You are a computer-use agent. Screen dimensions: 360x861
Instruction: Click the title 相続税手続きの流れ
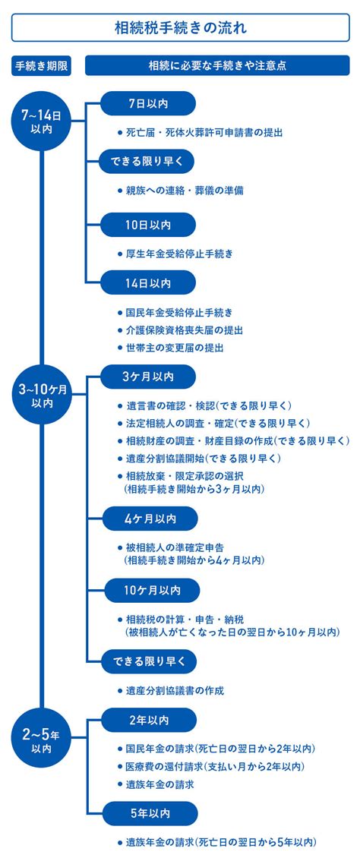point(180,27)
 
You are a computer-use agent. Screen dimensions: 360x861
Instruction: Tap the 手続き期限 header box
point(42,65)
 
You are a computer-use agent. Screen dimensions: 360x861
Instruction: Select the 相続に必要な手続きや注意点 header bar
point(217,65)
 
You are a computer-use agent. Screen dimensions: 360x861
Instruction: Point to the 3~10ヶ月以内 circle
point(42,395)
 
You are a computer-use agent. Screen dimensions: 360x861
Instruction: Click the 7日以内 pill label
point(147,104)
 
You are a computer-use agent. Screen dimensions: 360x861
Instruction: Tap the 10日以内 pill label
point(147,225)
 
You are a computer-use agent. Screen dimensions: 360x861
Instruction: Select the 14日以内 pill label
point(147,283)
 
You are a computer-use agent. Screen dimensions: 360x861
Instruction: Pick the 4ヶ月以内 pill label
point(150,519)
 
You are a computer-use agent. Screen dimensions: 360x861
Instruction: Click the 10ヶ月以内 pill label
point(151,590)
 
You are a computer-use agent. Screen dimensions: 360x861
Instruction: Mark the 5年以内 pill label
point(150,814)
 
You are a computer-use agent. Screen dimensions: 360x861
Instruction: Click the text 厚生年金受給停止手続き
point(179,254)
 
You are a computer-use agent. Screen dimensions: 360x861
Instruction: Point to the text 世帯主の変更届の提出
point(175,348)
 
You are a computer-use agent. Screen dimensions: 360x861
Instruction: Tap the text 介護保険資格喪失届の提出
point(184,330)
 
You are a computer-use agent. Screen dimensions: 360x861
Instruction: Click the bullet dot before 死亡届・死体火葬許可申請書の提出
point(120,133)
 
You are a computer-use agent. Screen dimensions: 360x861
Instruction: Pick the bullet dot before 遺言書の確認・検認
point(120,405)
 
